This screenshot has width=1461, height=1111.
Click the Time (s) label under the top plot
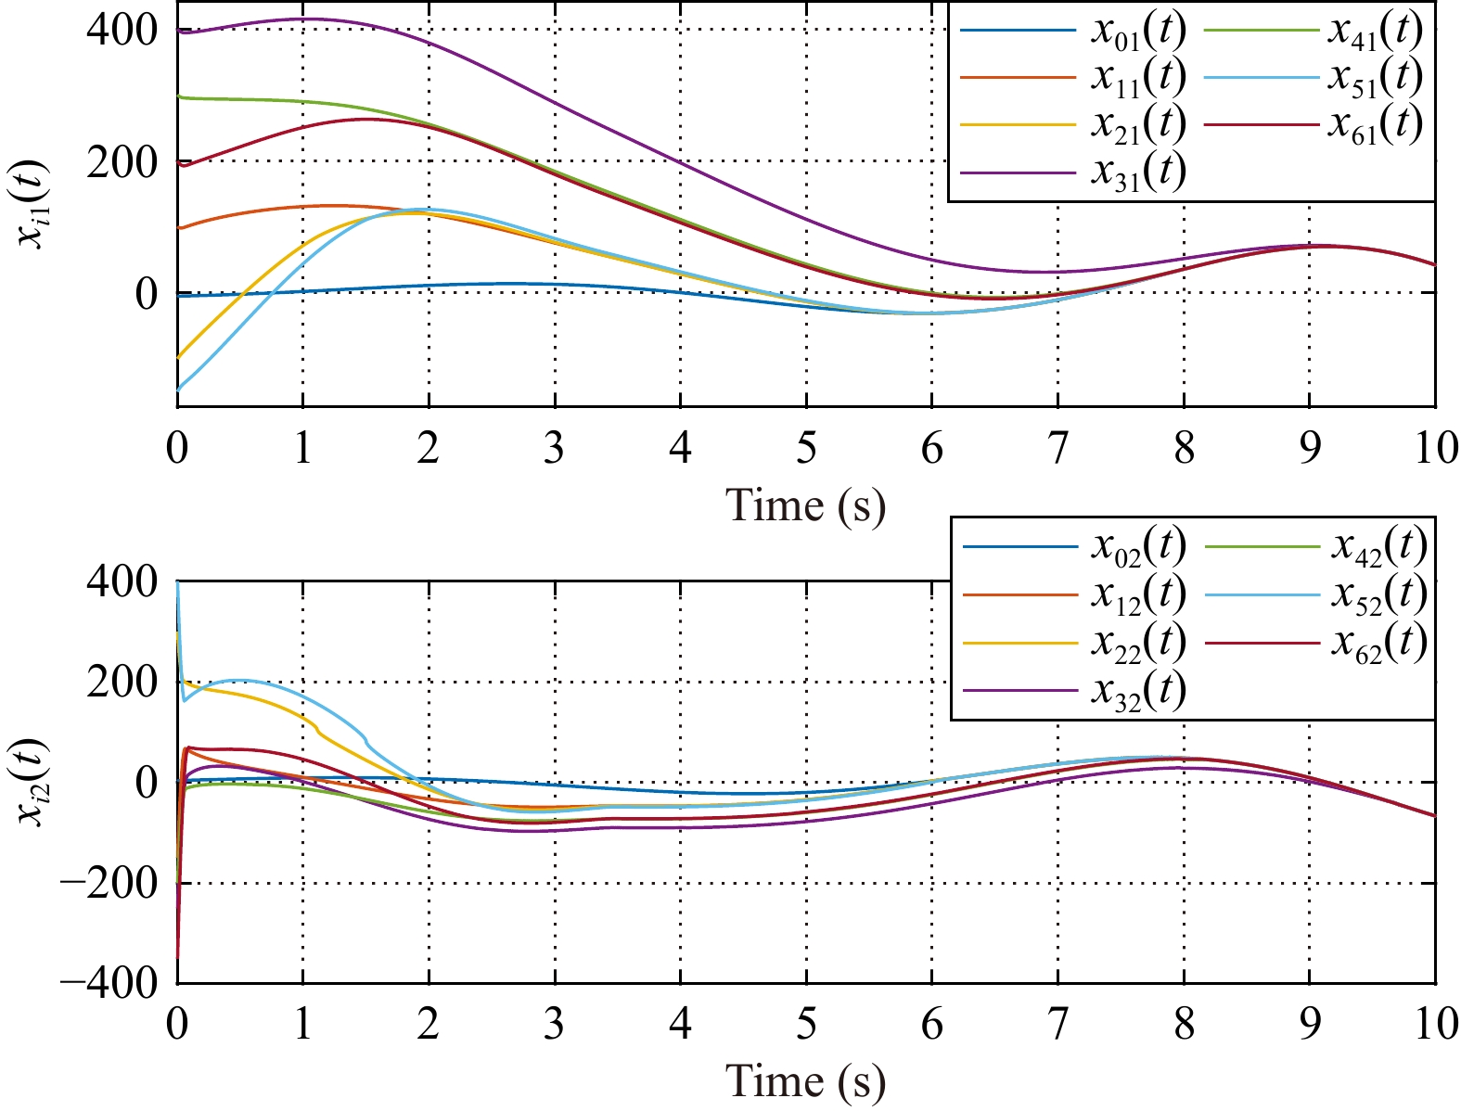805,505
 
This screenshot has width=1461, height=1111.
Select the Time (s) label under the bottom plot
805,1081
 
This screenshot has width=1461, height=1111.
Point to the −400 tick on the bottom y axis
108,982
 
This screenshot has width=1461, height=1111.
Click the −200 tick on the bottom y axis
108,882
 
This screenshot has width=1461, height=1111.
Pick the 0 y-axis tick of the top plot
148,294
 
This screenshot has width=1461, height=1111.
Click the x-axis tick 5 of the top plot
806,449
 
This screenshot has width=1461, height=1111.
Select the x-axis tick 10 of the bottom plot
1435,1025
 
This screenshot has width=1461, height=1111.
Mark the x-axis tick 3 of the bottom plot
555,1025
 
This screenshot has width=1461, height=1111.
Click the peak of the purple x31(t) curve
303,19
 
